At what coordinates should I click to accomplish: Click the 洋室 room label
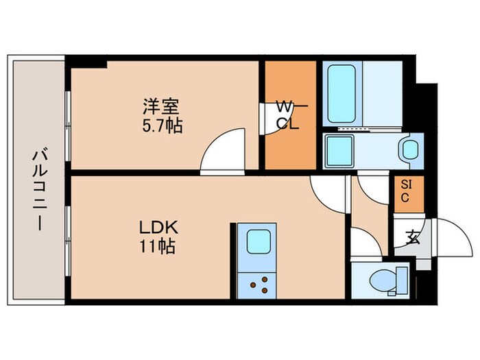162,108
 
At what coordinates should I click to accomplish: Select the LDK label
160,227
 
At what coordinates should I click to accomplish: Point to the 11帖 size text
160,245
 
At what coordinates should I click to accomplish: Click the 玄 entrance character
412,239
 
